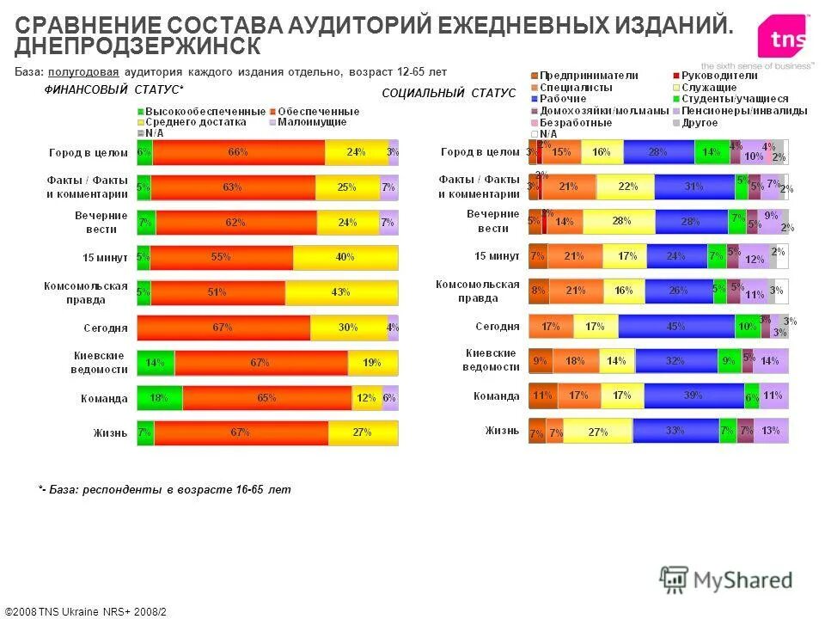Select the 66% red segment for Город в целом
238,152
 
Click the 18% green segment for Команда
159,398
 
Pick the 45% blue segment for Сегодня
675,326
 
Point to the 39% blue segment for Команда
693,395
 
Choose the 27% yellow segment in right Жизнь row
598,432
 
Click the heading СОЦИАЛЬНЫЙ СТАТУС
448,93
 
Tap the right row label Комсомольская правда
478,291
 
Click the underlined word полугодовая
83,71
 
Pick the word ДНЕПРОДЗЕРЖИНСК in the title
137,45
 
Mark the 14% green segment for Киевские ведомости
155,363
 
